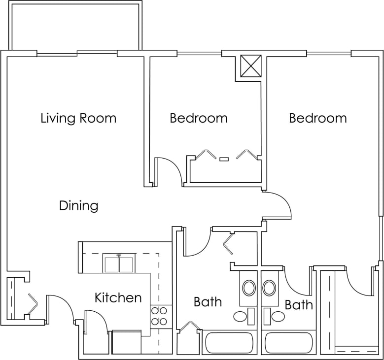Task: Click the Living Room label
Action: [78, 118]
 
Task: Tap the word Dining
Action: [78, 205]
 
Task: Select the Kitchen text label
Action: [118, 297]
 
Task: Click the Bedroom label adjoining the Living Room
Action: [199, 118]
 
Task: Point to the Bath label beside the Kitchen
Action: [208, 301]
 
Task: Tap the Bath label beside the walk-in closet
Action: [299, 305]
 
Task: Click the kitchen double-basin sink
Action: [118, 264]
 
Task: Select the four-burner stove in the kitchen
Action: [159, 316]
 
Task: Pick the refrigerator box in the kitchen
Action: [126, 342]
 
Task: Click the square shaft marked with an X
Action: [250, 66]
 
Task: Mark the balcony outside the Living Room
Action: [75, 27]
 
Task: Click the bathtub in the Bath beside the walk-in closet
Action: [288, 343]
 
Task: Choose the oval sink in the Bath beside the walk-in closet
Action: [269, 288]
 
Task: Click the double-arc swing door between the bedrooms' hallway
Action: [279, 205]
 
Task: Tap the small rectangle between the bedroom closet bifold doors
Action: [224, 159]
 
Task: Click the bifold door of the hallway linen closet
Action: [228, 244]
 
